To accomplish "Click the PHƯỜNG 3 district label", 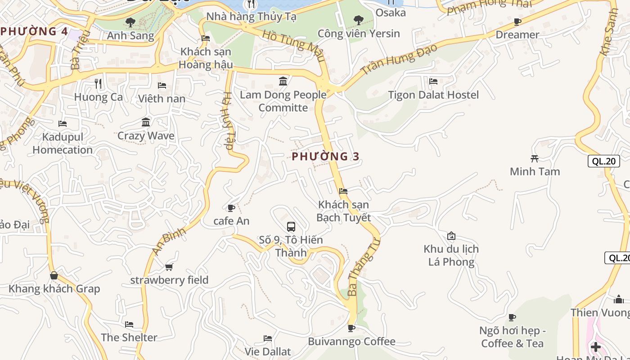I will pos(326,157).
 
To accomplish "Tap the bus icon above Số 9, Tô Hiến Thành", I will pos(291,227).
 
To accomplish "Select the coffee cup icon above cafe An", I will pos(231,208).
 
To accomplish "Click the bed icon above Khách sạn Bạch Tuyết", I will pos(343,191).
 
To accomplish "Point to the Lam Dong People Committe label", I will pos(283,101).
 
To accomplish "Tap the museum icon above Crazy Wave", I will pos(146,122).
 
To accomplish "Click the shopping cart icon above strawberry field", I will pos(169,267).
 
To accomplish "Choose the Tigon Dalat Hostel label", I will pos(433,95).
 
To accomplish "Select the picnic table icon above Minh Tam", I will pos(535,158).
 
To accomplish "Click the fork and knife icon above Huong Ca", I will pos(98,84).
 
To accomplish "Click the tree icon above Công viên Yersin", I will pos(359,20).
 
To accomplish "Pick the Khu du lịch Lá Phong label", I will pos(451,255).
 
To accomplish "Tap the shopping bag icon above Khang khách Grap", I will pos(54,275).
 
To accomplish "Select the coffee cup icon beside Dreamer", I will pos(517,22).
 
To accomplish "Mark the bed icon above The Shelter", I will pos(129,324).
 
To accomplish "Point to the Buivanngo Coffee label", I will pos(351,342).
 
